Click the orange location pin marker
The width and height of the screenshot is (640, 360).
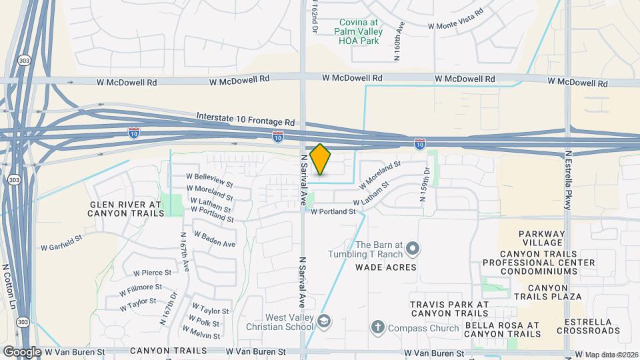pyautogui.click(x=321, y=159)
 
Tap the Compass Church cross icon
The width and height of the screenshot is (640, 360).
pyautogui.click(x=377, y=327)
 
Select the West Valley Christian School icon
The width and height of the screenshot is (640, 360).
pyautogui.click(x=323, y=322)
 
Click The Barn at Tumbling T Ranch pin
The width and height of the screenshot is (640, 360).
pyautogui.click(x=412, y=250)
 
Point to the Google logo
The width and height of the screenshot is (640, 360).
pyautogui.click(x=21, y=351)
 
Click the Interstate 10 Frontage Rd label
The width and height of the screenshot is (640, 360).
pyautogui.click(x=245, y=119)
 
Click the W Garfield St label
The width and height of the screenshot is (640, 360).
pyautogui.click(x=61, y=242)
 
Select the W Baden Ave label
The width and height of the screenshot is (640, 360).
pyautogui.click(x=215, y=239)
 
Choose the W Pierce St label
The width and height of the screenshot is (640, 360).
pyautogui.click(x=152, y=273)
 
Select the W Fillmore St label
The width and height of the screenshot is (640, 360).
pyautogui.click(x=141, y=290)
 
